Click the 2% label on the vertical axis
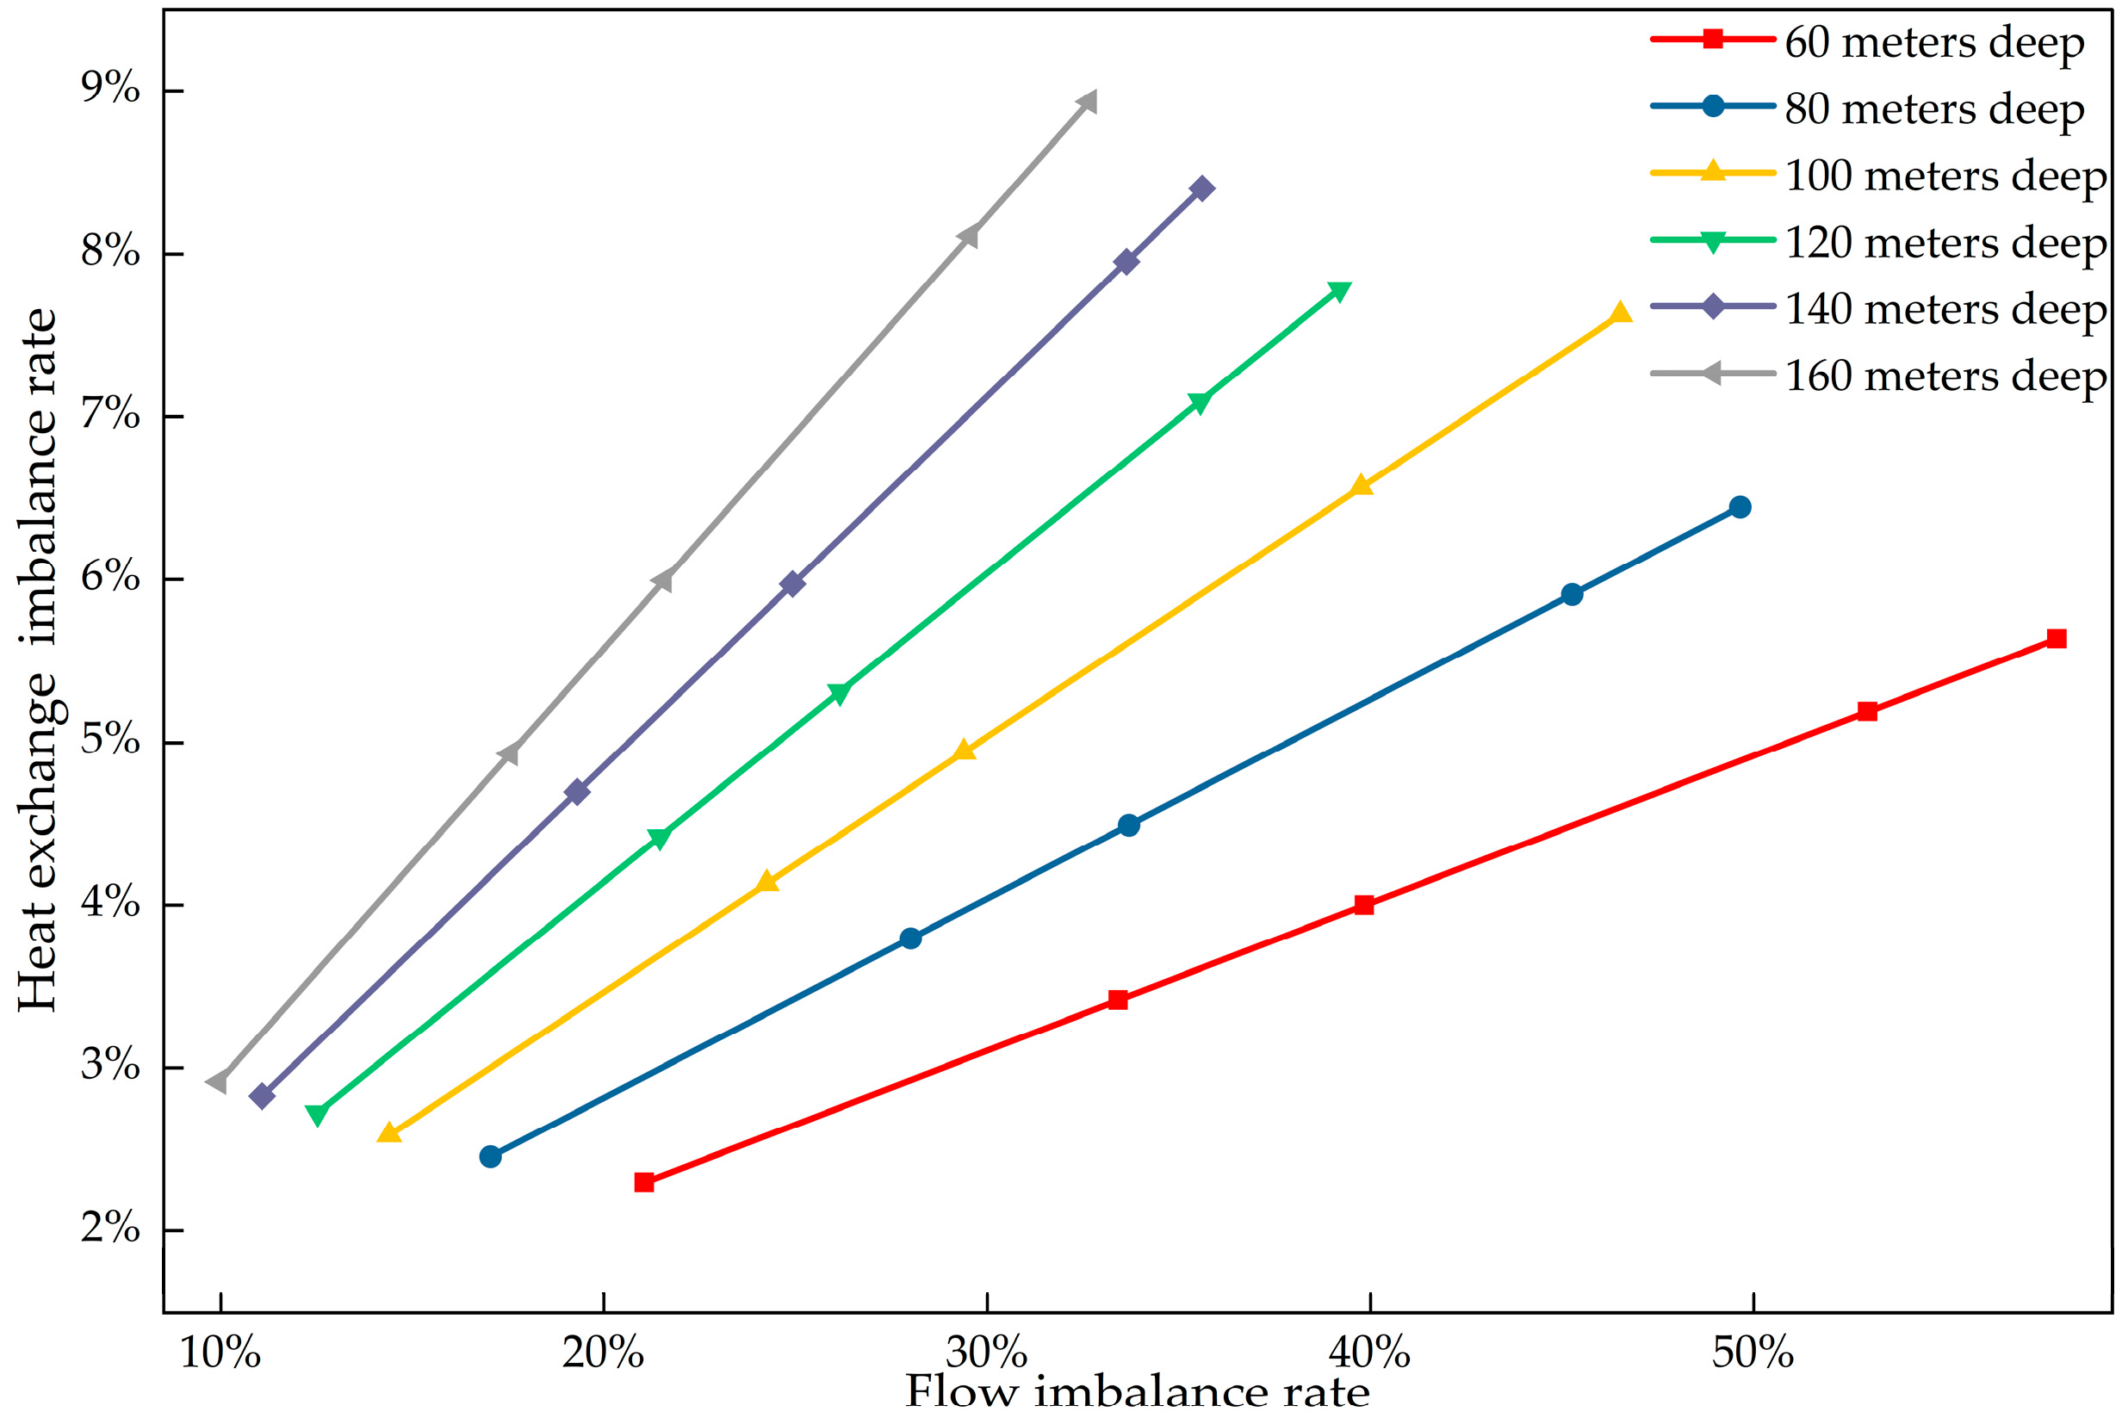coord(110,1227)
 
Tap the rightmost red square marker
coord(2056,639)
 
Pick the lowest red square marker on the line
coord(644,1182)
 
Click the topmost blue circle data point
coord(1740,506)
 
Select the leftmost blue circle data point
coord(490,1156)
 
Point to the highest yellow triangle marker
coord(1620,313)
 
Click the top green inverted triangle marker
coord(1339,291)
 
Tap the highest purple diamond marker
coord(1202,188)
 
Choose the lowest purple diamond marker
coord(262,1096)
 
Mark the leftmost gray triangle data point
coord(217,1081)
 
